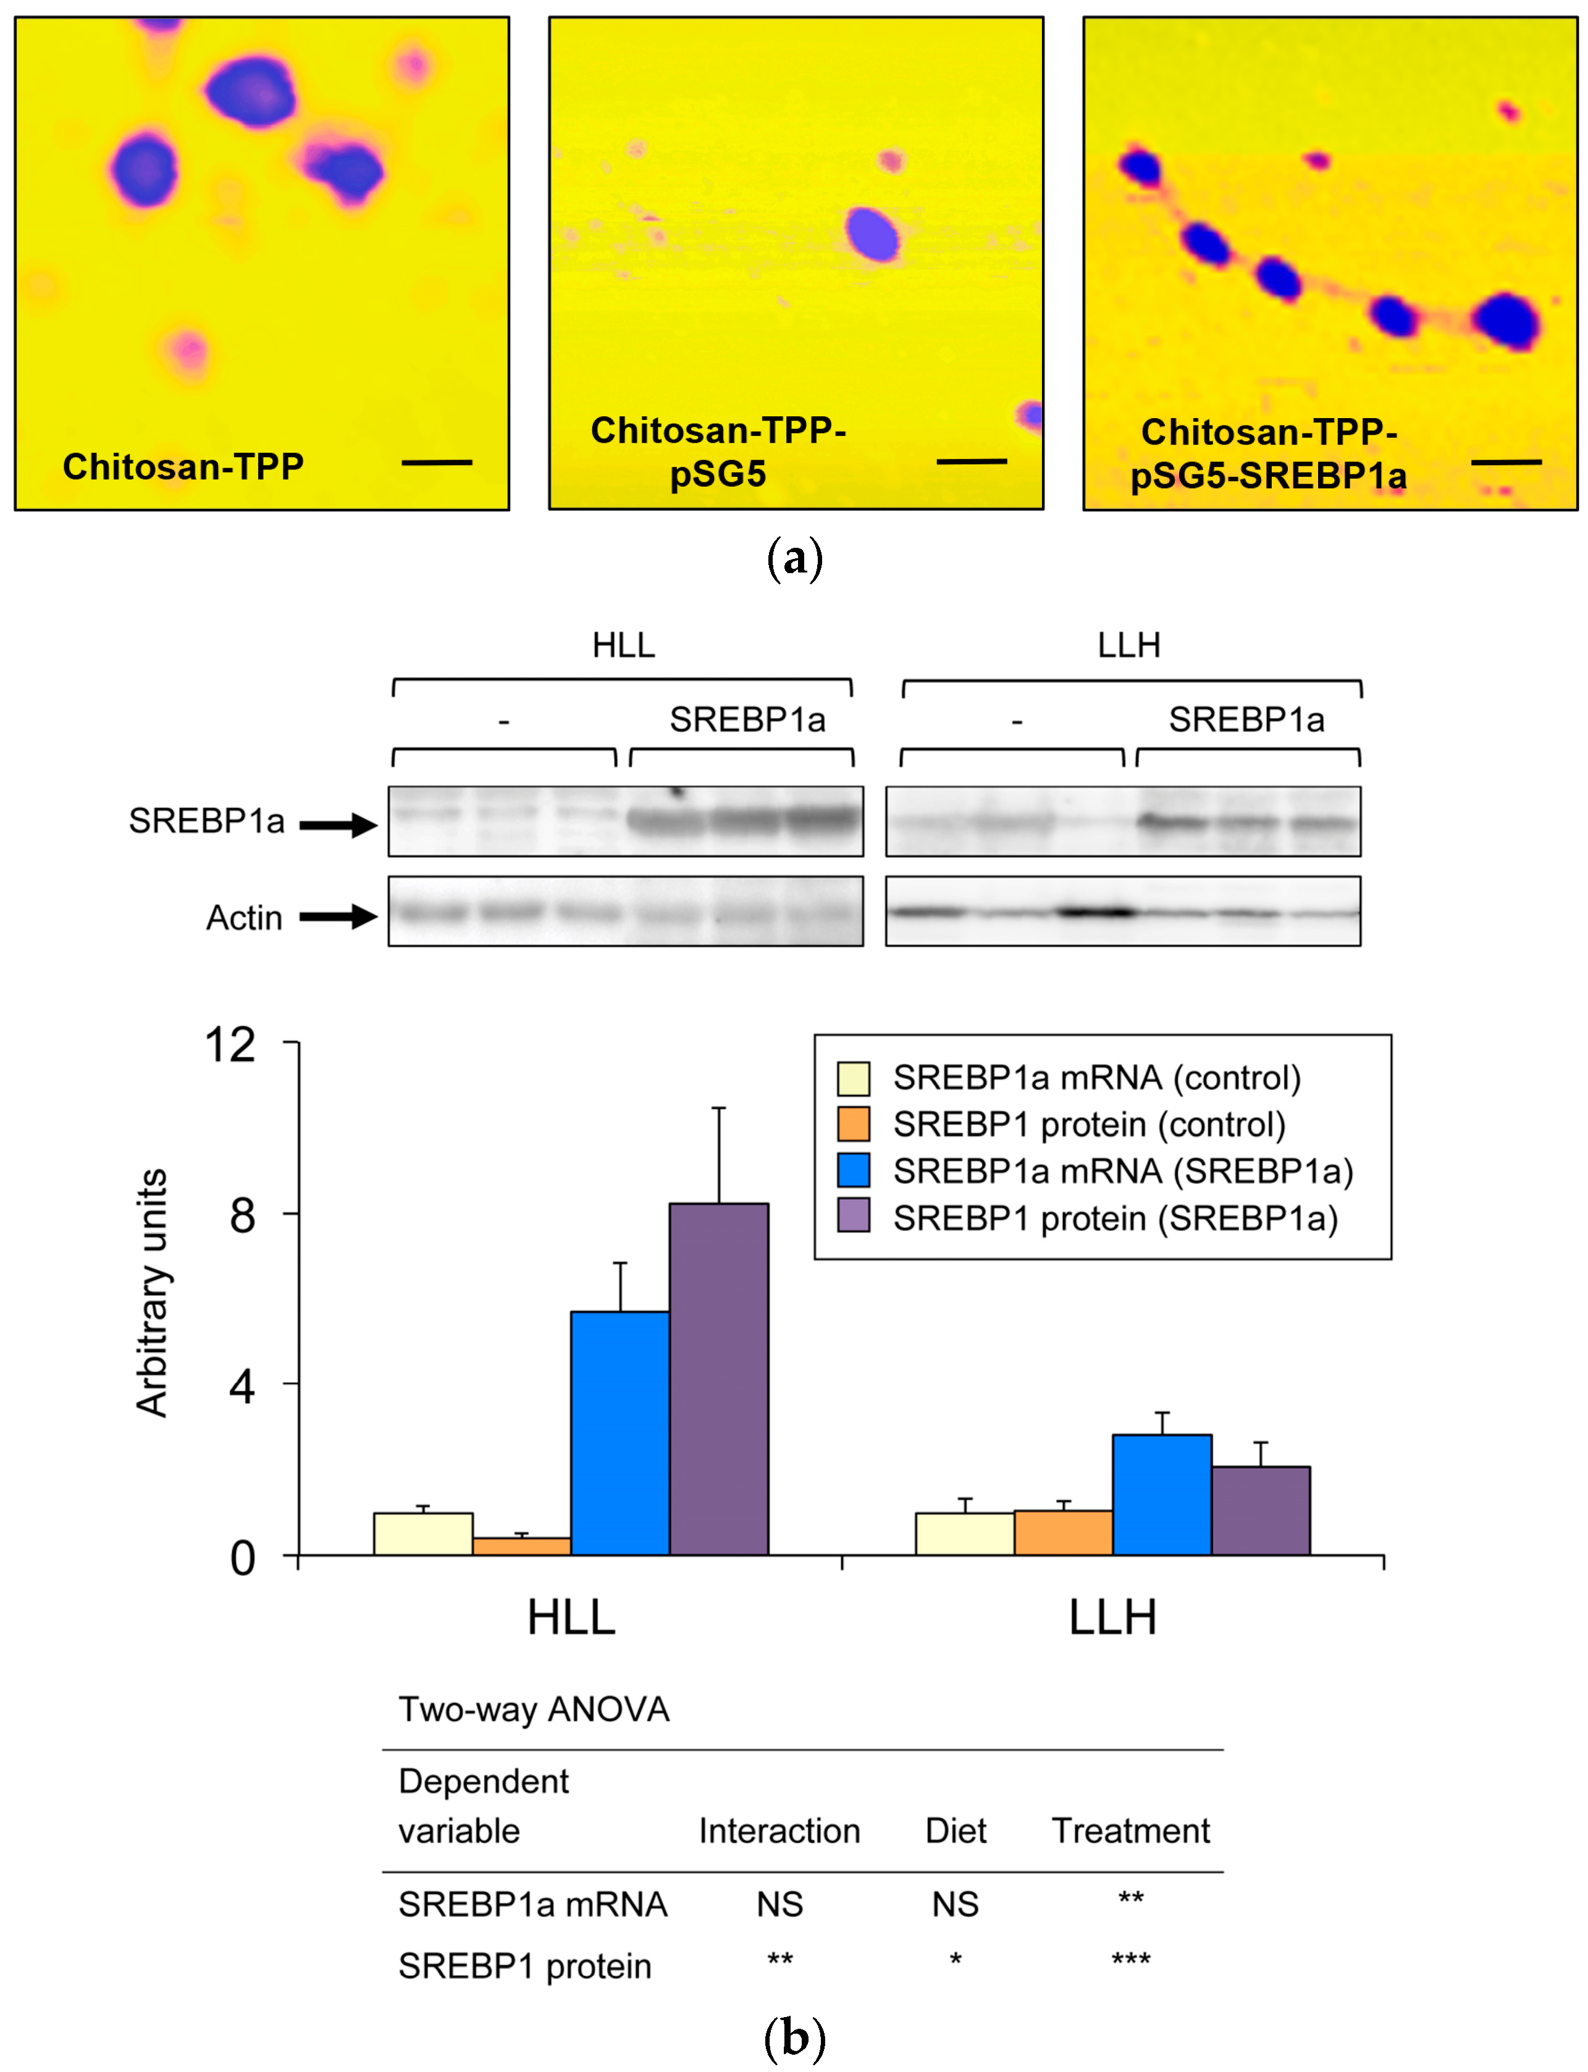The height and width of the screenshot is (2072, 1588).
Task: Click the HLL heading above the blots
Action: click(623, 645)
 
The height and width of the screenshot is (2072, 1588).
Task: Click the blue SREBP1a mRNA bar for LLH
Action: click(1162, 1495)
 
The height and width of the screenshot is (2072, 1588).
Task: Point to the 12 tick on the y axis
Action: click(230, 1046)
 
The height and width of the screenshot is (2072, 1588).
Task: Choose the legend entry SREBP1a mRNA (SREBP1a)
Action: click(1122, 1171)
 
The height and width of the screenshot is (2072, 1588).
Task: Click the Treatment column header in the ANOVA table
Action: click(1130, 1831)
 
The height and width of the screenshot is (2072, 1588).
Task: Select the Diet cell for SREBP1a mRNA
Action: click(955, 1904)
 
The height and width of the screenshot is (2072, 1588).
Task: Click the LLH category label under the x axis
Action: click(1112, 1618)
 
